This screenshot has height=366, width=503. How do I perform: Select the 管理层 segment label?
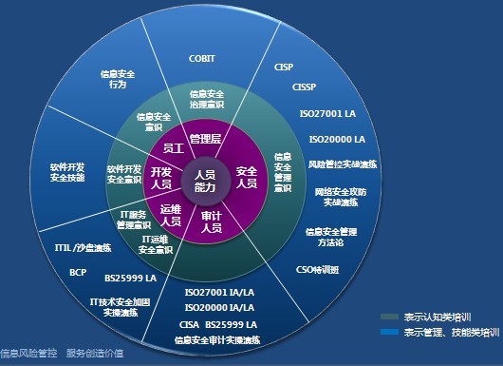(205, 140)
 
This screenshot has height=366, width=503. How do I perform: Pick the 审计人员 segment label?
(211, 222)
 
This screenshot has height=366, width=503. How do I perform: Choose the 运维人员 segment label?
(170, 215)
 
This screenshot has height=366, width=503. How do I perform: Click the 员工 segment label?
(173, 148)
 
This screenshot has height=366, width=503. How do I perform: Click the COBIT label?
(202, 59)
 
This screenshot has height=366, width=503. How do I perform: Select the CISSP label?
(305, 87)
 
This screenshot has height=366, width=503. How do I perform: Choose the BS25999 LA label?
(130, 279)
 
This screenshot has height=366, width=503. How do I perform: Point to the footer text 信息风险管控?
(27, 352)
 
